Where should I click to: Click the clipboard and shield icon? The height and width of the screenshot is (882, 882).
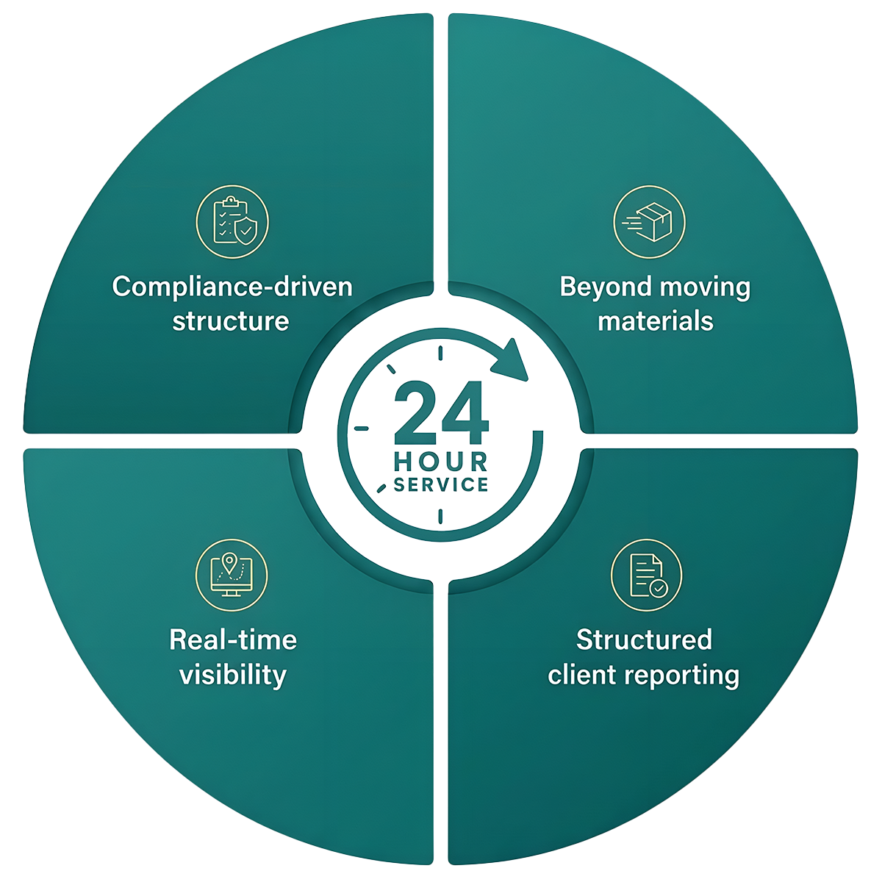pyautogui.click(x=232, y=221)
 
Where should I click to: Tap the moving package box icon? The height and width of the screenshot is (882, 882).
pyautogui.click(x=649, y=221)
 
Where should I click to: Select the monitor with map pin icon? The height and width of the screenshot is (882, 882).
pyautogui.click(x=232, y=575)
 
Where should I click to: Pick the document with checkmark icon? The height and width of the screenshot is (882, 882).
pyautogui.click(x=646, y=575)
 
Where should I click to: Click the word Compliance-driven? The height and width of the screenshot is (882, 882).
pyautogui.click(x=232, y=287)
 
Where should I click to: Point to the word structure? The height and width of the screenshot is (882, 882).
pyautogui.click(x=231, y=321)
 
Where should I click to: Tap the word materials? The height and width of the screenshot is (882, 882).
pyautogui.click(x=656, y=321)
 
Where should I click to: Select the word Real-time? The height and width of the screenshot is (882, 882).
pyautogui.click(x=233, y=639)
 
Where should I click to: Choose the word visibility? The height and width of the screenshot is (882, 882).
pyautogui.click(x=233, y=675)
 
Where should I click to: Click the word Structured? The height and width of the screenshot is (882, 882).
pyautogui.click(x=645, y=639)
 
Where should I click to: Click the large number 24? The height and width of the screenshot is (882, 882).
pyautogui.click(x=441, y=413)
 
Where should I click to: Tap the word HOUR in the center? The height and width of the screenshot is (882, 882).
pyautogui.click(x=441, y=462)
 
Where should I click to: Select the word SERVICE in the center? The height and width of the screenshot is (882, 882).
pyautogui.click(x=441, y=484)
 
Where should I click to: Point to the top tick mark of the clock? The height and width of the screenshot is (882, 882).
pyautogui.click(x=440, y=353)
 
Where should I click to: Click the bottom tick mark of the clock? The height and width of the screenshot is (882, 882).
pyautogui.click(x=440, y=516)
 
